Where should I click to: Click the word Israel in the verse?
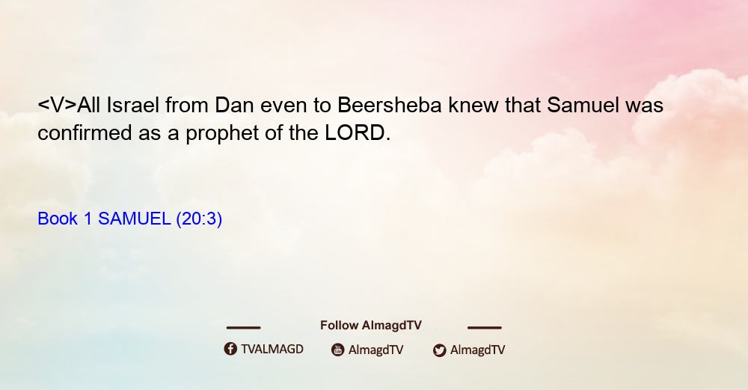point(132,105)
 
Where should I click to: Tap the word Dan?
point(233,105)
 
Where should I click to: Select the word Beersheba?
point(389,105)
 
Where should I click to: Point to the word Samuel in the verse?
point(583,105)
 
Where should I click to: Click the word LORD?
point(355,132)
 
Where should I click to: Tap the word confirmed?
point(85,132)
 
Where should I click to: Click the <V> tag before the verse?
point(58,105)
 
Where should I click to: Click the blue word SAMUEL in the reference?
point(134,219)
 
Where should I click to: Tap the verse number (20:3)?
point(199,219)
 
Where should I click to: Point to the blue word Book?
point(58,219)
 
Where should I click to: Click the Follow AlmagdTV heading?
point(371,326)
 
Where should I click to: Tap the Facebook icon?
point(230,349)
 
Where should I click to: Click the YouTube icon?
point(338,350)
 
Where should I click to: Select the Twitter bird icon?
point(440,350)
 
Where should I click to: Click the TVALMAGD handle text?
point(272,350)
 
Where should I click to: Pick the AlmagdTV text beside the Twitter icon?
point(477,350)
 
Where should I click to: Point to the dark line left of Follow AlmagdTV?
point(243,328)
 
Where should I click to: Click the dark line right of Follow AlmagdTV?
point(485,328)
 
